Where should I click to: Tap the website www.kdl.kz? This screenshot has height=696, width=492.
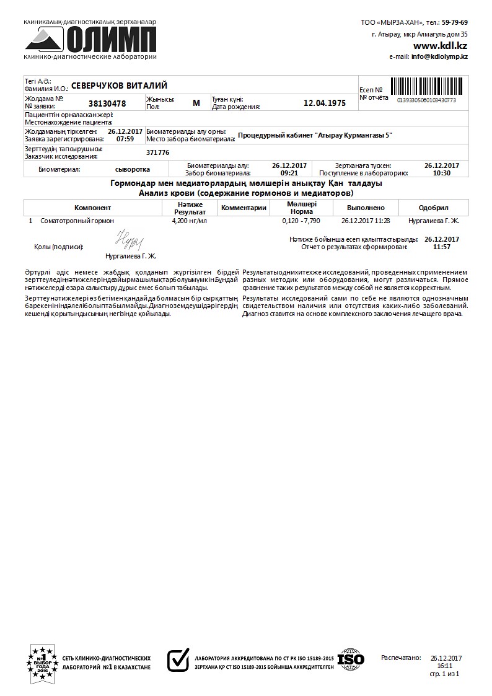(440, 46)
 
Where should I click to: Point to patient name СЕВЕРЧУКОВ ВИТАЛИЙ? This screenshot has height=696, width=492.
(119, 86)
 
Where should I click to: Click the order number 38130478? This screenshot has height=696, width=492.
(107, 104)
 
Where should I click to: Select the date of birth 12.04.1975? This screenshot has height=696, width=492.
(325, 104)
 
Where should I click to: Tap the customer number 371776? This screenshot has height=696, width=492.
(157, 152)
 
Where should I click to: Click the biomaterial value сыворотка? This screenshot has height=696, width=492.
(133, 169)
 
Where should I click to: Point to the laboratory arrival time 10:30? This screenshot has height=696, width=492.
(442, 174)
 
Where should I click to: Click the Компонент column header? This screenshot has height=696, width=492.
(93, 208)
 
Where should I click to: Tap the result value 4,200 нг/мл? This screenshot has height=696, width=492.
(190, 221)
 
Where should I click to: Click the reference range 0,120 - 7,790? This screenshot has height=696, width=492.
(301, 221)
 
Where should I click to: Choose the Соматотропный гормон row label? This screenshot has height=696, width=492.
(77, 221)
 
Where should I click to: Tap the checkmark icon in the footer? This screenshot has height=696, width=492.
(178, 660)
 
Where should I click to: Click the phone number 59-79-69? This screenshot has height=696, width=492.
(455, 22)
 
